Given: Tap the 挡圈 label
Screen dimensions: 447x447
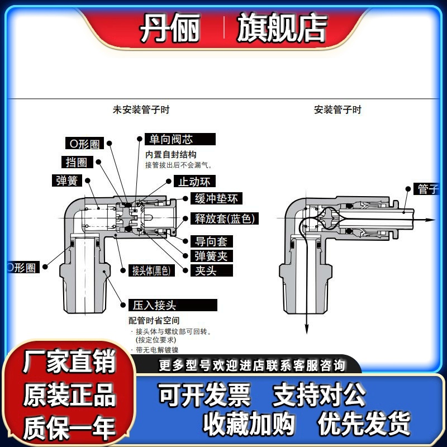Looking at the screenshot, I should click(x=76, y=162).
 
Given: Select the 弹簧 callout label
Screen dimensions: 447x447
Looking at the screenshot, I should click(x=66, y=180).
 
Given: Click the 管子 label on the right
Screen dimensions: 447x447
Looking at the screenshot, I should click(x=427, y=189).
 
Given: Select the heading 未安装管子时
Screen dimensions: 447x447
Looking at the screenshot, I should click(x=141, y=110).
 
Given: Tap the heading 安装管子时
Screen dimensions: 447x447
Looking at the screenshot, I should click(x=337, y=110).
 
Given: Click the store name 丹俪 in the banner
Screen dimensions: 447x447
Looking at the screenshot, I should click(x=169, y=28).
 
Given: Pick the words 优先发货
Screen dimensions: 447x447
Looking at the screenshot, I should click(x=364, y=423).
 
